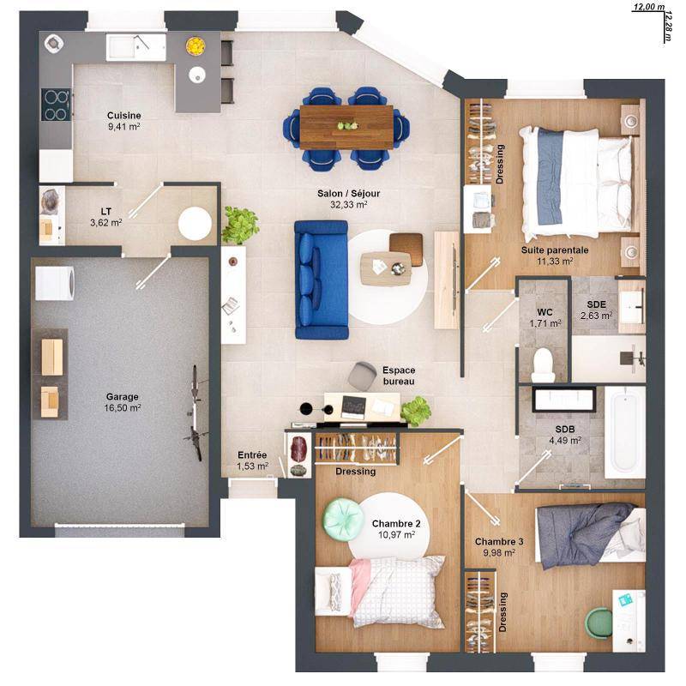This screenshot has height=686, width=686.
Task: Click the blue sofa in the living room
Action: (320, 279)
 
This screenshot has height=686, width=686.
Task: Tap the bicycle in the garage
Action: (196, 413)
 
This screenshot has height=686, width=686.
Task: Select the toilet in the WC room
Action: (543, 365)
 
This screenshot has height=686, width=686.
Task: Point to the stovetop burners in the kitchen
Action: (56, 105)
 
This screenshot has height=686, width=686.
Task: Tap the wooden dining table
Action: (346, 126)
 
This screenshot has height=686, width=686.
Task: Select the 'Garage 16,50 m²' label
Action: (123, 402)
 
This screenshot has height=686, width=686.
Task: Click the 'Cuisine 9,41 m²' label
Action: (123, 120)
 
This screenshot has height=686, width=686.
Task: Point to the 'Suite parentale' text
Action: (554, 250)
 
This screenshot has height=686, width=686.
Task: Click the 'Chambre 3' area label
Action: (498, 541)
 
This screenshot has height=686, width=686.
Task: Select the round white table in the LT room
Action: (195, 224)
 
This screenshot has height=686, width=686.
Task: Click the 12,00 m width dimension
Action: (648, 7)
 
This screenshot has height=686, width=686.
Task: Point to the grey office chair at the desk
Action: (362, 375)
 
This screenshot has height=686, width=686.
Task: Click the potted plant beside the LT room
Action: (241, 225)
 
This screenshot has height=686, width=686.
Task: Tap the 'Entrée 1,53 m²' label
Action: (252, 460)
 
